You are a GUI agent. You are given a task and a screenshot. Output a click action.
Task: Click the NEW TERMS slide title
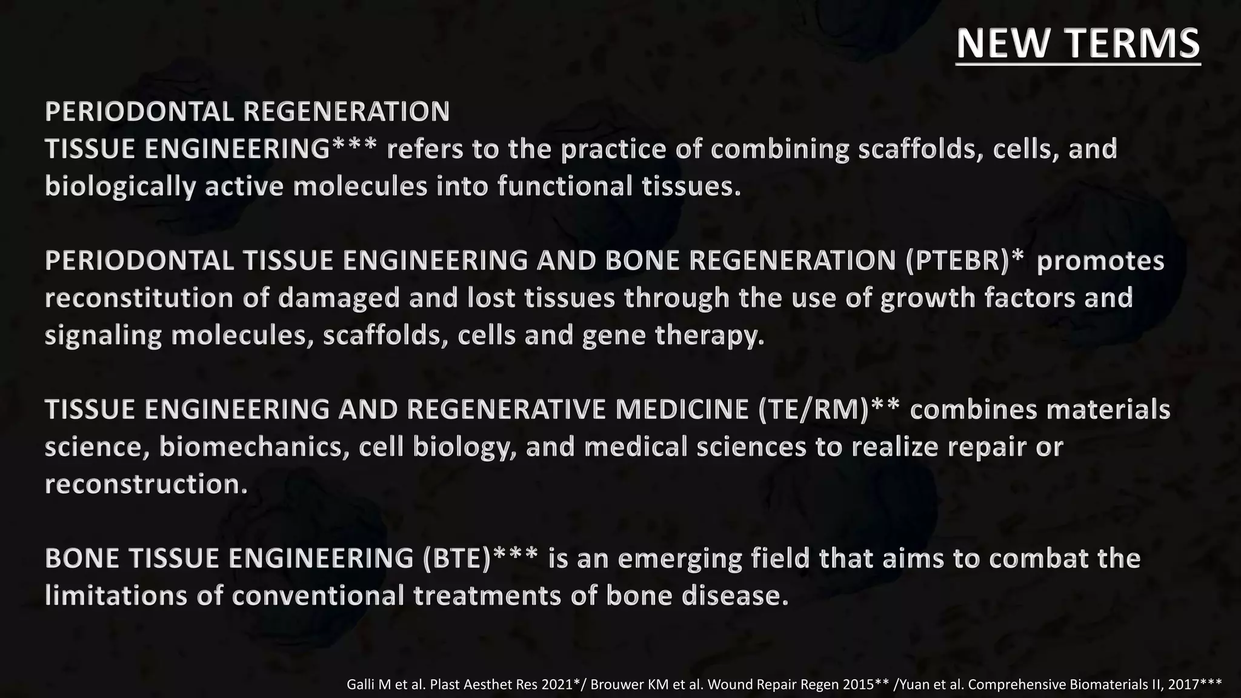coord(1078,44)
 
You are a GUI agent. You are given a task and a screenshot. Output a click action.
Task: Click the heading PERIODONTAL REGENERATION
coord(247,111)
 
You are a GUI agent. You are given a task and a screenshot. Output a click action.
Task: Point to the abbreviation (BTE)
coord(457,559)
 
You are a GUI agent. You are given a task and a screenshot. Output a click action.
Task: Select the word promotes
coord(1100,261)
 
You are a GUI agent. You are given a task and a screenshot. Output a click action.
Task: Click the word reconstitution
coord(139,298)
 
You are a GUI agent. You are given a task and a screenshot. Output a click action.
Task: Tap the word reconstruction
coord(146,484)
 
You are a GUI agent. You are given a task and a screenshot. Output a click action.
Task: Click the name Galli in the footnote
coord(361,685)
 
